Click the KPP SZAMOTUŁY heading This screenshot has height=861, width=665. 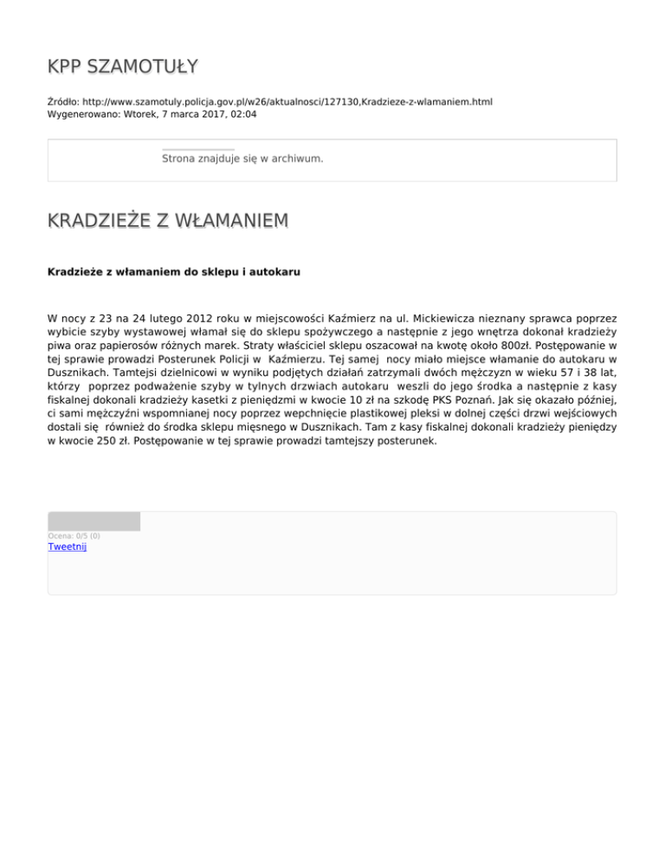point(122,66)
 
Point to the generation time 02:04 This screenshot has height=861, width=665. point(243,113)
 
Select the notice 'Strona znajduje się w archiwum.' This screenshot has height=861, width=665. point(242,159)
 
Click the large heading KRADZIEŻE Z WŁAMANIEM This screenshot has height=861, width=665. point(168,222)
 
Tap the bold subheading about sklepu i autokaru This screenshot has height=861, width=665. point(173,272)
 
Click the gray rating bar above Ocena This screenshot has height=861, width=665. point(94,521)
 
